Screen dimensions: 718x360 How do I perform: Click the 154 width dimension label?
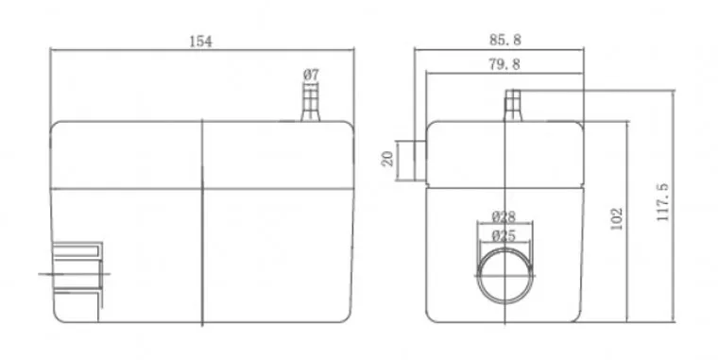[200, 42]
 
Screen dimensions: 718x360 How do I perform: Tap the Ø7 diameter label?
[311, 75]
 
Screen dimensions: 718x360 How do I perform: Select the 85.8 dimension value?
[505, 40]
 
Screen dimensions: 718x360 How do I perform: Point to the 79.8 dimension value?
[504, 64]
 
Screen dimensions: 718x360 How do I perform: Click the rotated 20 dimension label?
[388, 159]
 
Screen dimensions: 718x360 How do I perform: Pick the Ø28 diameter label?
[504, 216]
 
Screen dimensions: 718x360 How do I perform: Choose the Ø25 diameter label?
[504, 236]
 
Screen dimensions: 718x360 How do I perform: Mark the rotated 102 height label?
[617, 219]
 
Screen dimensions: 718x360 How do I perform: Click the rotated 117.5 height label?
[662, 202]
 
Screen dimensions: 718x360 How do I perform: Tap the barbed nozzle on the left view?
[311, 103]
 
